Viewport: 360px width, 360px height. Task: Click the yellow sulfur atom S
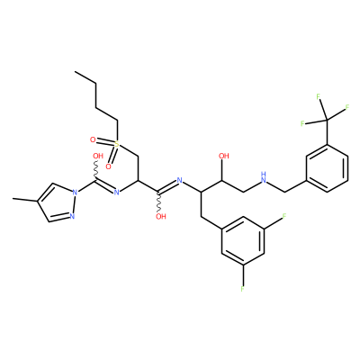point(117,144)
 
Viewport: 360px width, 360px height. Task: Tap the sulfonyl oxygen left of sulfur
point(93,139)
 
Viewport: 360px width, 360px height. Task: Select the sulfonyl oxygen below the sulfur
point(109,166)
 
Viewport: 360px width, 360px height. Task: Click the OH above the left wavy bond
point(98,156)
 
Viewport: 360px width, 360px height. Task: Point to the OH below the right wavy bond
point(161,216)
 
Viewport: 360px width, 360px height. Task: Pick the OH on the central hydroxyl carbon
point(224,156)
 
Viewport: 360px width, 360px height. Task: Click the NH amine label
point(264,178)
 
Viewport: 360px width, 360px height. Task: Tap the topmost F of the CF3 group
point(319,96)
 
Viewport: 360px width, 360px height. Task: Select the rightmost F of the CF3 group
point(347,107)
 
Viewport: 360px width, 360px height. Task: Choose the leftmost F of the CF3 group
point(302,123)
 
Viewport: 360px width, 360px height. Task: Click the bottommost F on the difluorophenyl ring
point(242,289)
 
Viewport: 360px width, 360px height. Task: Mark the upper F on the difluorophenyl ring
point(284,216)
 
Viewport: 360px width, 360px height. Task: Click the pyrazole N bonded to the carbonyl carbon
point(75,192)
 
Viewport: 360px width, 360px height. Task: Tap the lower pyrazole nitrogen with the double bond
point(72,216)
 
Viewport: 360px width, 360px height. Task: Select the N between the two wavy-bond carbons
point(117,192)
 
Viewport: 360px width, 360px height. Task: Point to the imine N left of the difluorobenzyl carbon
point(180,180)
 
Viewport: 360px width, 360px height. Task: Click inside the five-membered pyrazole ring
point(58,202)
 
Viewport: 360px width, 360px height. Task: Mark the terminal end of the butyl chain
point(75,72)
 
